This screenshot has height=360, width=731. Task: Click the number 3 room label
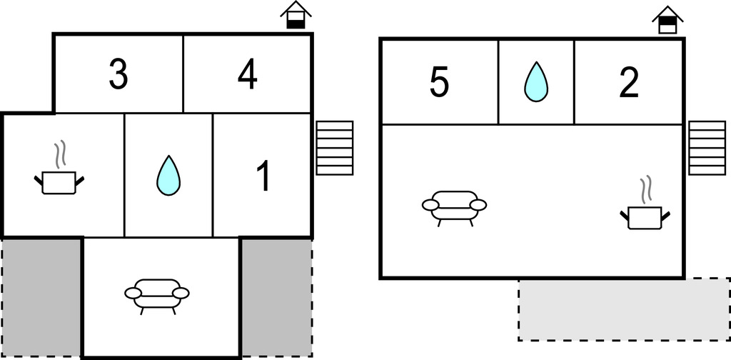(119, 75)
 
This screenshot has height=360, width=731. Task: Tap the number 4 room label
(247, 75)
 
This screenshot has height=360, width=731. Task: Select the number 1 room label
(263, 176)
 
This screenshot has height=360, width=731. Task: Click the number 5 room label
(439, 83)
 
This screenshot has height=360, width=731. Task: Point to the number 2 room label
(628, 83)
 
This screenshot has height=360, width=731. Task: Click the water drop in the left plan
(168, 176)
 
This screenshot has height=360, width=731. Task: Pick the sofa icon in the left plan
(157, 294)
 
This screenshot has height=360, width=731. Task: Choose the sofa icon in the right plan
(454, 206)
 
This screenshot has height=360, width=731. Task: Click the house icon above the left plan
(296, 15)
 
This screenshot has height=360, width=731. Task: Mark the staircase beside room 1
(335, 148)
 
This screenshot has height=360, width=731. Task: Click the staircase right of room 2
(707, 147)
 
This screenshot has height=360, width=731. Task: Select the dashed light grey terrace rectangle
(623, 309)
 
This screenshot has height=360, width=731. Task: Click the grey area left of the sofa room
(41, 296)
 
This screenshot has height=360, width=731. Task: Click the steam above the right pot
(647, 189)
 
